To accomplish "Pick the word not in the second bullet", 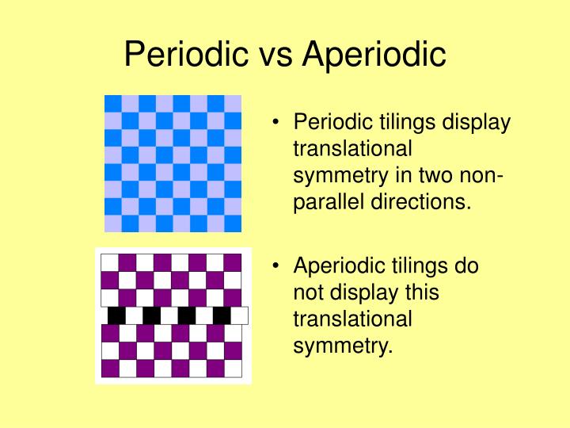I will pos(308,293).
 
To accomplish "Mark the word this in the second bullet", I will pos(420,293).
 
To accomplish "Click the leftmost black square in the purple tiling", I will pos(117,315).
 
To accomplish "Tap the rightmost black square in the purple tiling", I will pos(222,315).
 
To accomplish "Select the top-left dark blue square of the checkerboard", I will pos(113,103).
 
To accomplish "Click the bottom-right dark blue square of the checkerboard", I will pos(233,223).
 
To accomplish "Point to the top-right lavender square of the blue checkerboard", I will pos(233,103).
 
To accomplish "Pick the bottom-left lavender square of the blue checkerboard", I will pos(113,223).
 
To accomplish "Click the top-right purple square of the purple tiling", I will pos(233,262).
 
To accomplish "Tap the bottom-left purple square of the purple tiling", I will pos(110,368).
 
